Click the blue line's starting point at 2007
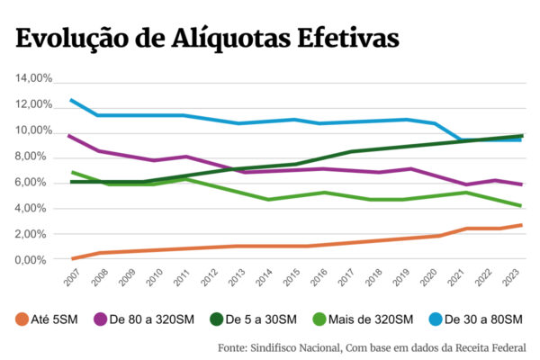click(71, 100)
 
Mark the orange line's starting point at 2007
click(71, 259)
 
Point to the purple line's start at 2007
click(71, 136)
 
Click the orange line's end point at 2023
click(521, 225)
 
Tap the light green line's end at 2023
click(521, 205)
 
